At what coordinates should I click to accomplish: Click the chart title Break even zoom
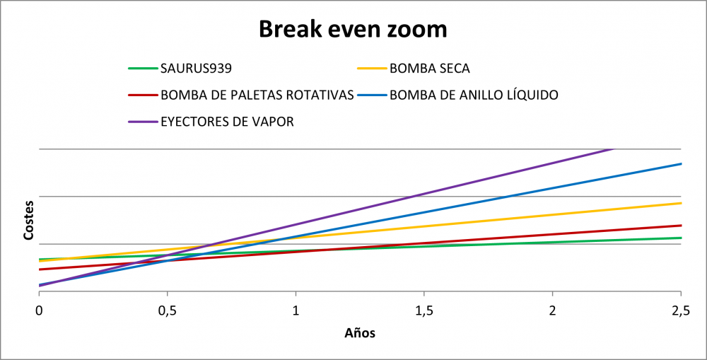353,29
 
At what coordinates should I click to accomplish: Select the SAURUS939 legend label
196,69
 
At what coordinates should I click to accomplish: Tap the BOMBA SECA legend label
430,69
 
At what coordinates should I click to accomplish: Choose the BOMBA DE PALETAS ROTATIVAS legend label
257,95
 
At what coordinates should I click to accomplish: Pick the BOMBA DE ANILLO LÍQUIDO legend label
474,95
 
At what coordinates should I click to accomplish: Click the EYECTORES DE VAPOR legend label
227,122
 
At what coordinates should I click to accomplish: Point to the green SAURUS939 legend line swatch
143,69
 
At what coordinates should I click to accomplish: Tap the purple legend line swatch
143,122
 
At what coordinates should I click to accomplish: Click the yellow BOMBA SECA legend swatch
372,69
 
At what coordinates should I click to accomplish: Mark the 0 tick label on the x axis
39,312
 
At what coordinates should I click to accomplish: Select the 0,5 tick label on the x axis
168,312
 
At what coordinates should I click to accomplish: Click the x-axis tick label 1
296,312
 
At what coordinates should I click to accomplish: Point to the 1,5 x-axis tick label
423,312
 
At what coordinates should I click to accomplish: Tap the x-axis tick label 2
552,312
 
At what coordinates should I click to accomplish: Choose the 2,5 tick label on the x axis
680,312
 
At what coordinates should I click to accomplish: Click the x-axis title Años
360,333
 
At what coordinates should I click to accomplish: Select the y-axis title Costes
28,220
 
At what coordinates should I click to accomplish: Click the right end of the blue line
681,164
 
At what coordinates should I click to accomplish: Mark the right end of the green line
681,238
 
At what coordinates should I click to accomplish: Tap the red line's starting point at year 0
40,269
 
